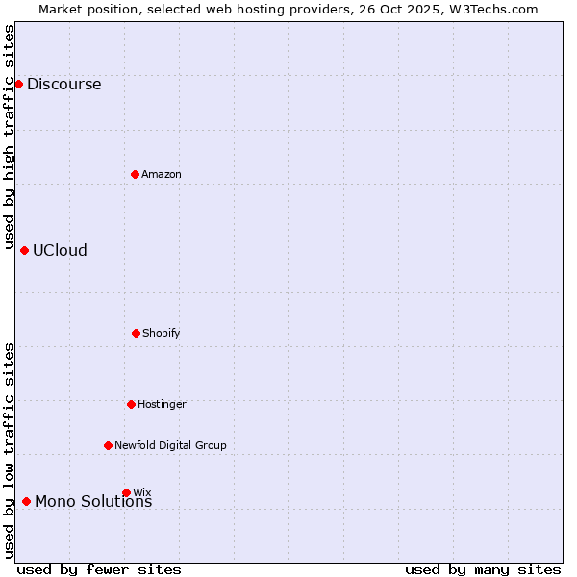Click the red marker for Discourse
click(x=18, y=84)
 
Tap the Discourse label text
click(x=63, y=84)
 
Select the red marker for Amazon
click(x=135, y=174)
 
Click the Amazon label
click(x=162, y=174)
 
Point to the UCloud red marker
click(x=24, y=250)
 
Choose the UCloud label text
click(x=60, y=250)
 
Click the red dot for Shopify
click(x=136, y=333)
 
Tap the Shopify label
click(x=162, y=333)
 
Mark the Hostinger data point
click(x=131, y=404)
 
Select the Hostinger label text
click(x=162, y=404)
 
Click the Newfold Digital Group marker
click(x=108, y=445)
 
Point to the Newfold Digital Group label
click(x=170, y=445)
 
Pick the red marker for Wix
click(x=126, y=492)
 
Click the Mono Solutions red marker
click(x=26, y=501)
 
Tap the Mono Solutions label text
click(x=93, y=502)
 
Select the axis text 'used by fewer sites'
click(x=99, y=569)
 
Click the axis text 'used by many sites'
click(x=483, y=569)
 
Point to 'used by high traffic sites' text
click(x=9, y=137)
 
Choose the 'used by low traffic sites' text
click(x=9, y=450)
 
